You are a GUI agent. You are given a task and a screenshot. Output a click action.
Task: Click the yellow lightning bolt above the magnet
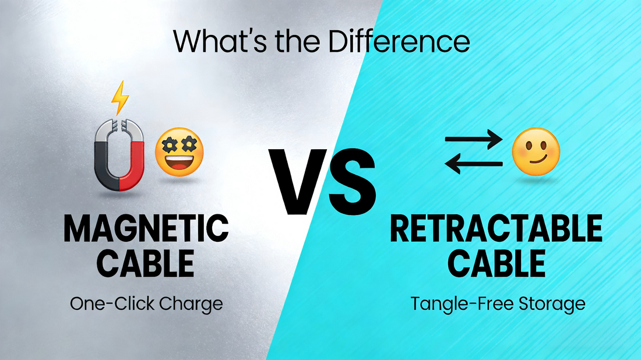coord(120,97)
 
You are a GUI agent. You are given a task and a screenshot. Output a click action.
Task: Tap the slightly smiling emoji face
coord(536,151)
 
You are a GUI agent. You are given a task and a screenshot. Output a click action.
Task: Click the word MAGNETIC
coord(146,230)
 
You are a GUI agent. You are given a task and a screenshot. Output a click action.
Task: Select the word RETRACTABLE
coord(496,230)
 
